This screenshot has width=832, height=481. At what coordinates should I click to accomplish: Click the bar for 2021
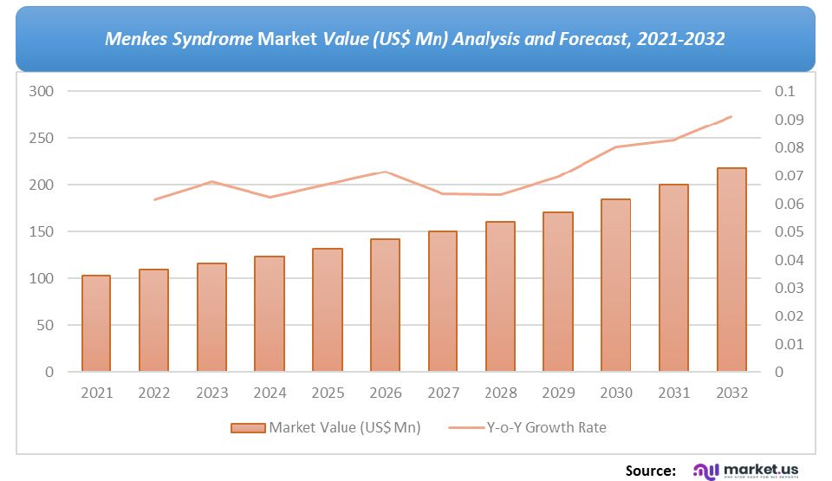96,323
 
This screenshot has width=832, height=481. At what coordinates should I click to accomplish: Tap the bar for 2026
385,305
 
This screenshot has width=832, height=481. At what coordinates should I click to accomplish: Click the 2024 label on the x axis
270,393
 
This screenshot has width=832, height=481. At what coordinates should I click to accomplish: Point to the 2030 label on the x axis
615,393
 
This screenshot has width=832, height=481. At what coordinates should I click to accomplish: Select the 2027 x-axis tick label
443,393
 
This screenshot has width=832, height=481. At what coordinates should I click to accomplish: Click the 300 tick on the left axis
42,91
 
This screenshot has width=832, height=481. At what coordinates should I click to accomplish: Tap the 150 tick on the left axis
42,231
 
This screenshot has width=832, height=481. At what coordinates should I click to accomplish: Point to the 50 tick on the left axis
45,325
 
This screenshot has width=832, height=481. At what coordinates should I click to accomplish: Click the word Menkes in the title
135,39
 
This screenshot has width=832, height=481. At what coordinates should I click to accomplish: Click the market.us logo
745,470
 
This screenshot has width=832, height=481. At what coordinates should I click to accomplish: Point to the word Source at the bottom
650,470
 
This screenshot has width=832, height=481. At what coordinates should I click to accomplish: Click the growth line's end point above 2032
731,116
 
